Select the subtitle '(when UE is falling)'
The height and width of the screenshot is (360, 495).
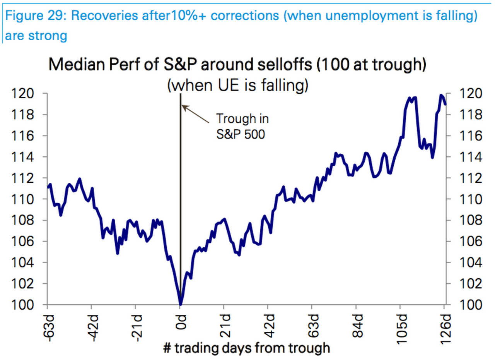coord(237,86)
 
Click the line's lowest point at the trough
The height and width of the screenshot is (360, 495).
coord(180,304)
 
